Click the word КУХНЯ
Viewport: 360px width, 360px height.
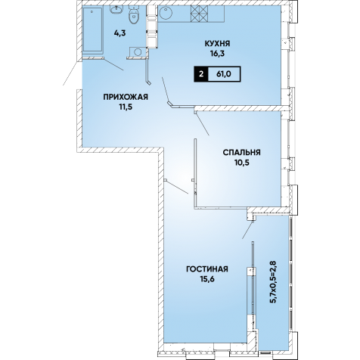217,44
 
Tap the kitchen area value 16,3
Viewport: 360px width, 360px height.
217,54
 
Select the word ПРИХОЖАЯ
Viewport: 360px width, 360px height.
126,97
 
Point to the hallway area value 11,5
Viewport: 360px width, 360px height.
126,107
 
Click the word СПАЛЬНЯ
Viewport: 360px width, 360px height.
241,153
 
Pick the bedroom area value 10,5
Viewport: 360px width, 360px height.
242,163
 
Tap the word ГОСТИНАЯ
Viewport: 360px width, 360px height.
207,269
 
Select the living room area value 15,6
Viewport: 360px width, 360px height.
207,279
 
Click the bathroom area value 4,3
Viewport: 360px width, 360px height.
119,33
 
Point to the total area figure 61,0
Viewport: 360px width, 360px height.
224,74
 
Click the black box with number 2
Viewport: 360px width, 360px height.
201,74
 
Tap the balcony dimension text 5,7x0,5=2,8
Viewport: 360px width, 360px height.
274,282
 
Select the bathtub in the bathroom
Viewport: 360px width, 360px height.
92,30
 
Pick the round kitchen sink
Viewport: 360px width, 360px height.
166,13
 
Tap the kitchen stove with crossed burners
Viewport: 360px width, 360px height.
199,14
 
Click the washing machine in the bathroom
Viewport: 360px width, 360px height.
138,52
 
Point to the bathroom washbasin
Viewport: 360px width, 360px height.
116,10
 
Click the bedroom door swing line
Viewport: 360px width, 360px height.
202,124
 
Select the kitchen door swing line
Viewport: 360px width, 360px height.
165,90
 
